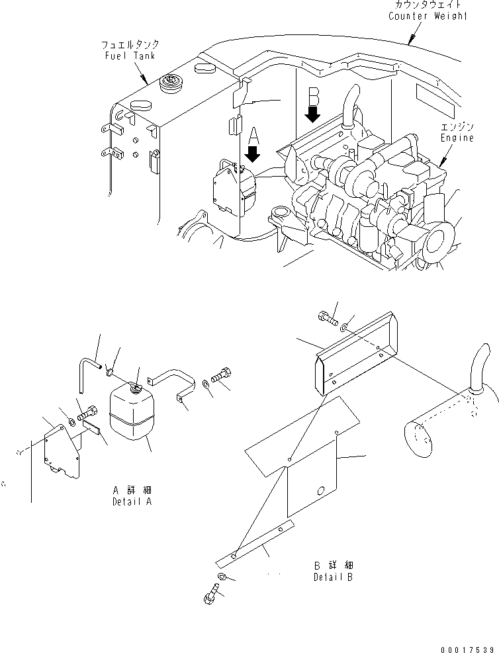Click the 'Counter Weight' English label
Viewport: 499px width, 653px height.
coord(428,16)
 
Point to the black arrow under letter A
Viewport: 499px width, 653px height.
coord(253,156)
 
